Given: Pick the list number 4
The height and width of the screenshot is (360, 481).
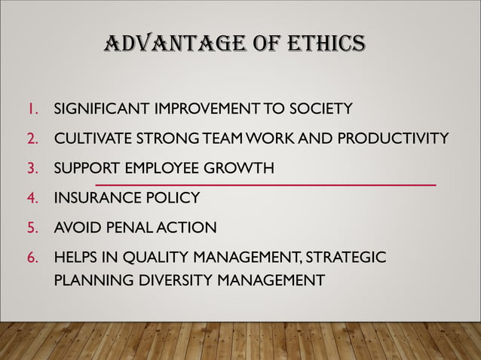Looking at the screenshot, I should (x=32, y=198).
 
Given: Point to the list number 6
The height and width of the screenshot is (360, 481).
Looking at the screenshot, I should (x=32, y=258).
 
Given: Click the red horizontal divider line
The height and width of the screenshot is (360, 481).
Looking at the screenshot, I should (x=265, y=185).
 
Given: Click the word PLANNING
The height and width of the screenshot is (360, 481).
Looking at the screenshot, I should (x=89, y=281).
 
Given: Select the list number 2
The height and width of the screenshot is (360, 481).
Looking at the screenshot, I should (x=32, y=139).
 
